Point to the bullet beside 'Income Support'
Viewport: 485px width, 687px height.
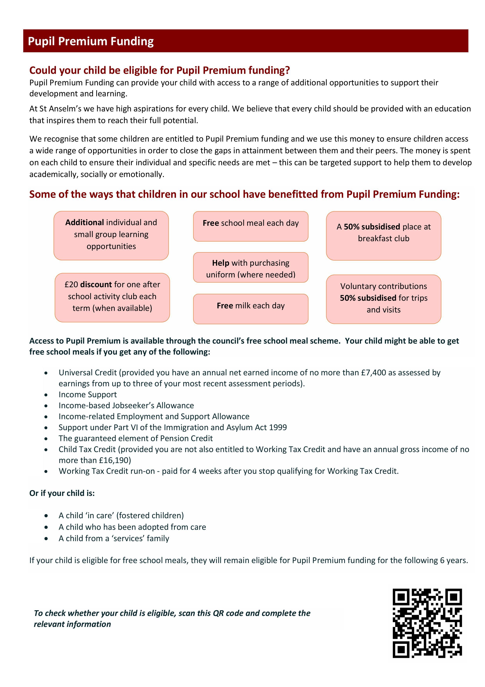[x=46, y=395]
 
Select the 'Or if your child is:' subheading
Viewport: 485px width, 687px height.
[x=62, y=493]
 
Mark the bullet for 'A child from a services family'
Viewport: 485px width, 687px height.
[x=46, y=539]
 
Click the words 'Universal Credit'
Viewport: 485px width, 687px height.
[x=87, y=373]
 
